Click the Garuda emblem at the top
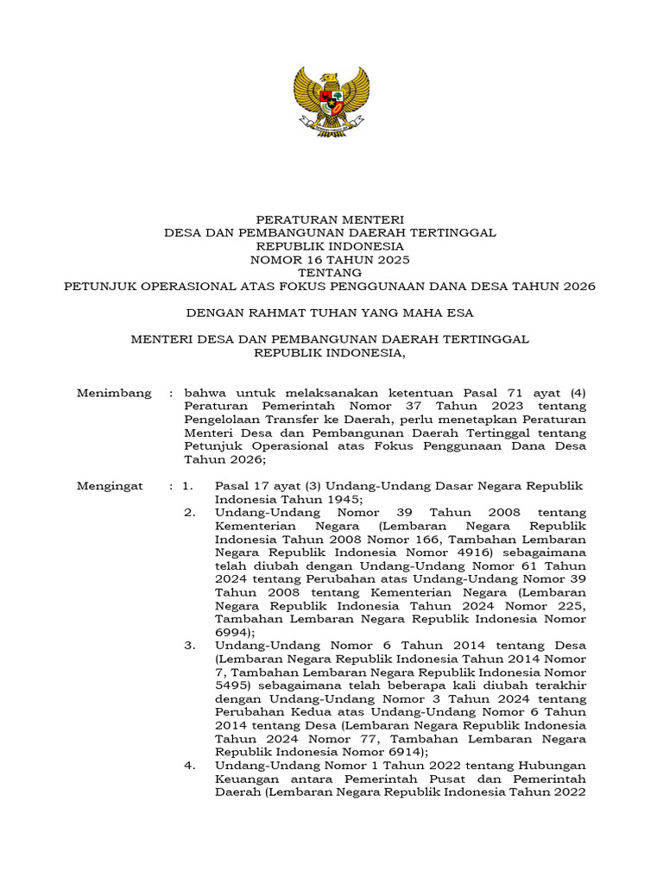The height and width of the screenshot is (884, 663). [x=331, y=101]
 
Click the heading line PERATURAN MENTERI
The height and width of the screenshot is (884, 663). [x=331, y=220]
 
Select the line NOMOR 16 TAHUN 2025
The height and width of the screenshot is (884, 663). [x=331, y=259]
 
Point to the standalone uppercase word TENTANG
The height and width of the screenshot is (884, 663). [x=331, y=272]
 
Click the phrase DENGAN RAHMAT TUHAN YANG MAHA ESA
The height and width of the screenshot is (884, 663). [x=331, y=312]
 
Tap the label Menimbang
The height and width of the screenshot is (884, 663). [x=114, y=393]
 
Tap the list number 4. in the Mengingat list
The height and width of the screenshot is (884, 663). [x=190, y=765]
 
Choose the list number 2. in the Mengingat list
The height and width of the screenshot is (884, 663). [x=190, y=512]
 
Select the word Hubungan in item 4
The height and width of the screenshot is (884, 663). [x=550, y=765]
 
